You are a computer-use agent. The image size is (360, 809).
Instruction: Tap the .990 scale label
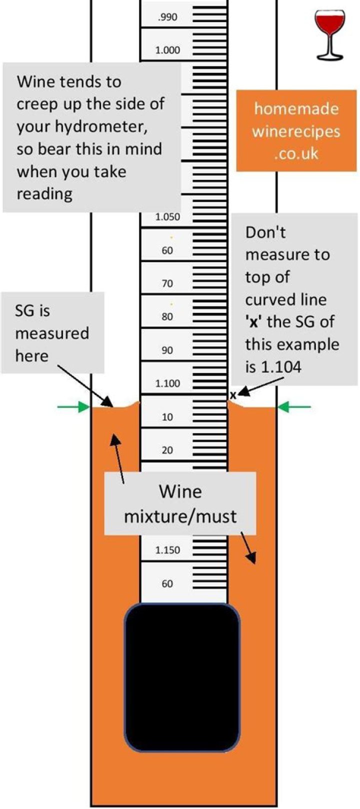[x=167, y=17]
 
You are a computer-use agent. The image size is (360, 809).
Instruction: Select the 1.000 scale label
[x=167, y=50]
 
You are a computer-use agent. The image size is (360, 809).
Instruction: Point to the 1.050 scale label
[x=167, y=217]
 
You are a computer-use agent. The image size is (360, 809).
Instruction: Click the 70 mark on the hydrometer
[x=167, y=283]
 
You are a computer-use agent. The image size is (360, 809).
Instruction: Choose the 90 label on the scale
[x=167, y=350]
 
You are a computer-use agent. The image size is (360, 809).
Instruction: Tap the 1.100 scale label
[x=167, y=383]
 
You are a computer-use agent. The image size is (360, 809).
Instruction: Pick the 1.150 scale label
[x=167, y=550]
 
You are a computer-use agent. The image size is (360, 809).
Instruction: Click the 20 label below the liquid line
[x=167, y=450]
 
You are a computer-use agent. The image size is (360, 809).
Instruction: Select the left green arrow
[x=73, y=407]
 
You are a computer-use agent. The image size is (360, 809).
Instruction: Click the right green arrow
[x=294, y=407]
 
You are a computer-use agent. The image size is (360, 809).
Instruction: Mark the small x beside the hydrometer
[x=233, y=395]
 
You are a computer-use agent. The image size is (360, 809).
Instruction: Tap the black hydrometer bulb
[x=182, y=677]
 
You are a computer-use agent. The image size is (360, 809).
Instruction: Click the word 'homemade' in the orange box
[x=296, y=108]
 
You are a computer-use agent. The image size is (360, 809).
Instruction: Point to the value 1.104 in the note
[x=280, y=367]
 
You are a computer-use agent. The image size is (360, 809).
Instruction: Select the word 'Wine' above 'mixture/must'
[x=180, y=491]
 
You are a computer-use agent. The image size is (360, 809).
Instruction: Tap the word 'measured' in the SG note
[x=52, y=333]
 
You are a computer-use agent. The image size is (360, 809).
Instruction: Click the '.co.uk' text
[x=296, y=153]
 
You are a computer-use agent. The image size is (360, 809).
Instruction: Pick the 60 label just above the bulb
[x=167, y=583]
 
